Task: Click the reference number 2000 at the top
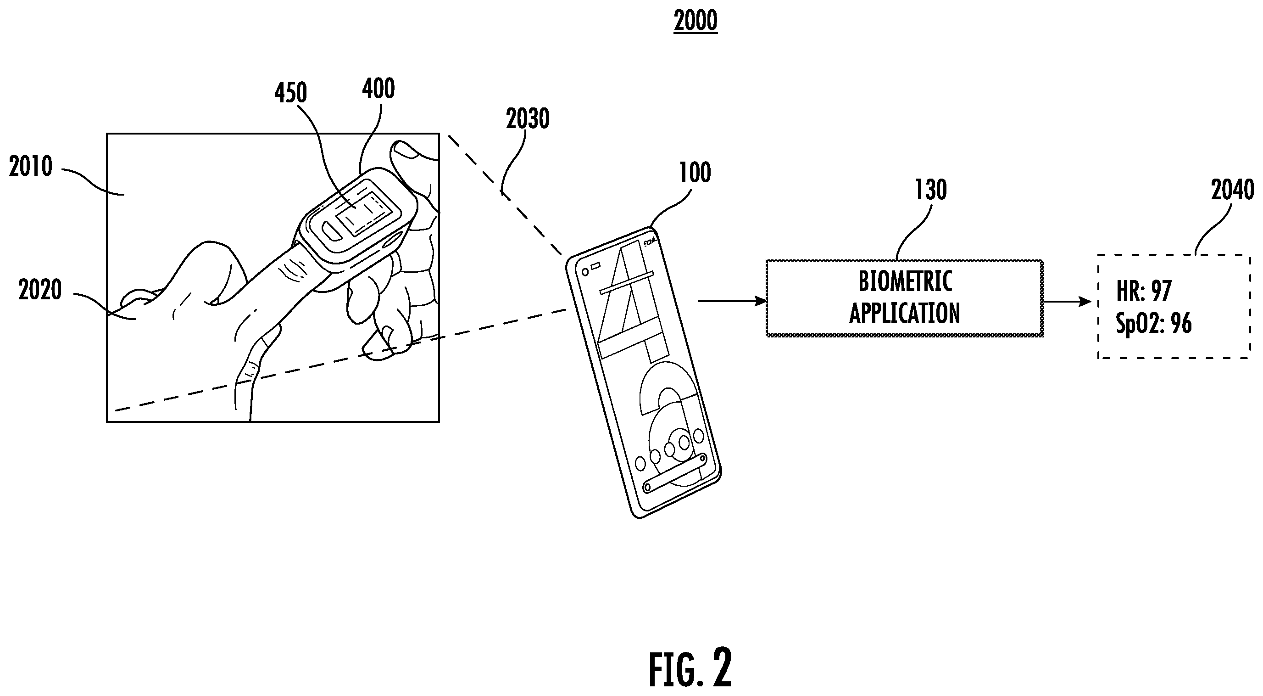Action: [x=695, y=21]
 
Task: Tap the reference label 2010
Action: [x=31, y=167]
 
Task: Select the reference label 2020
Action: [x=40, y=290]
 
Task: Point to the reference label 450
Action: [x=291, y=93]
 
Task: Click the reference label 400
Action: [x=378, y=89]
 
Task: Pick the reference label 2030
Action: [x=528, y=119]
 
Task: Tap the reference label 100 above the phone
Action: [x=695, y=173]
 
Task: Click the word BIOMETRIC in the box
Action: [x=905, y=281]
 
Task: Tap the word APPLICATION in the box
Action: [x=905, y=314]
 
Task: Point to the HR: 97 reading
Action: [x=1144, y=291]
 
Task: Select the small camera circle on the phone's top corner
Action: [x=584, y=272]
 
